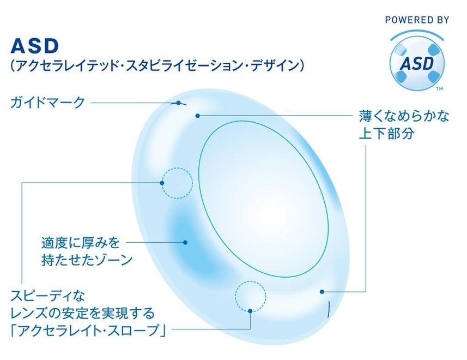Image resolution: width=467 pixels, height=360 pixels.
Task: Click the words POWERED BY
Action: pos(416,20)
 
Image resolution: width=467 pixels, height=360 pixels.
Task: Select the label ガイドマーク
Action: pos(48,102)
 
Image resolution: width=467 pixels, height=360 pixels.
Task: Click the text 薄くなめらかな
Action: pos(404,116)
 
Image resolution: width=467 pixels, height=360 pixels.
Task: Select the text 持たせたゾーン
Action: pos(87,259)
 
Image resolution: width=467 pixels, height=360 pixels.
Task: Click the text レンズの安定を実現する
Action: pos(82,313)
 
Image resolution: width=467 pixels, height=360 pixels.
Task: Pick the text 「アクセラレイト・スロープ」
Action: pos(88,329)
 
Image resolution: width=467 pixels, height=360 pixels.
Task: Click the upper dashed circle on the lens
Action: pos(178,182)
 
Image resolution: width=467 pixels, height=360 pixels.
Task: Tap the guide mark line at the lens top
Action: pos(179,103)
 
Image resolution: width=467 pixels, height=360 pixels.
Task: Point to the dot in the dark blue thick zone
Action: pos(186,242)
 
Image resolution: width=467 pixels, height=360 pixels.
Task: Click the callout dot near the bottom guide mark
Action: pos(323,292)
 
